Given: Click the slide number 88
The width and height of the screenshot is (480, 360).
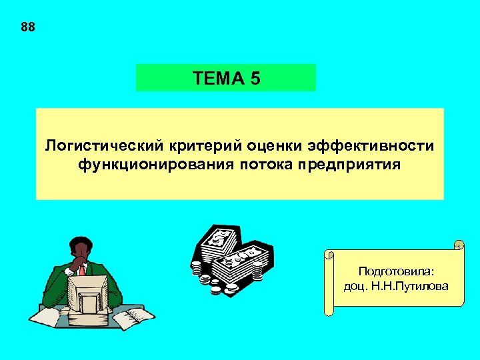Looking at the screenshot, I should (27, 27).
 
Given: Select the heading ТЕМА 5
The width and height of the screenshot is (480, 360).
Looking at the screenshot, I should (226, 79).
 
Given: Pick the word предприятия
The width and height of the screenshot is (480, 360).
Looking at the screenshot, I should (351, 164).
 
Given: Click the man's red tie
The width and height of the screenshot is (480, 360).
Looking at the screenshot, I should (82, 270).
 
